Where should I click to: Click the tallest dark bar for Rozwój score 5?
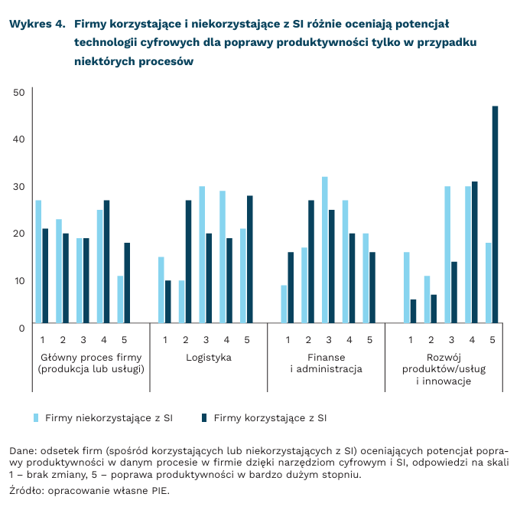point(495,214)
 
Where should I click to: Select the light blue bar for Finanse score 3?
point(325,250)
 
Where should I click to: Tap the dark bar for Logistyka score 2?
point(188,262)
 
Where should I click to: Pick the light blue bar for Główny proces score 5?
point(120,299)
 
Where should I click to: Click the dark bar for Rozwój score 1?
point(414,311)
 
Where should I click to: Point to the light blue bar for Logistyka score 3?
point(202,255)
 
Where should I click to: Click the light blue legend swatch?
point(35,418)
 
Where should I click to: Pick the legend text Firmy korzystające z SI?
point(270,418)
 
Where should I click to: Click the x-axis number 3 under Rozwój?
point(451,339)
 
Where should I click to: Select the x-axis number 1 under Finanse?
point(288,339)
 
